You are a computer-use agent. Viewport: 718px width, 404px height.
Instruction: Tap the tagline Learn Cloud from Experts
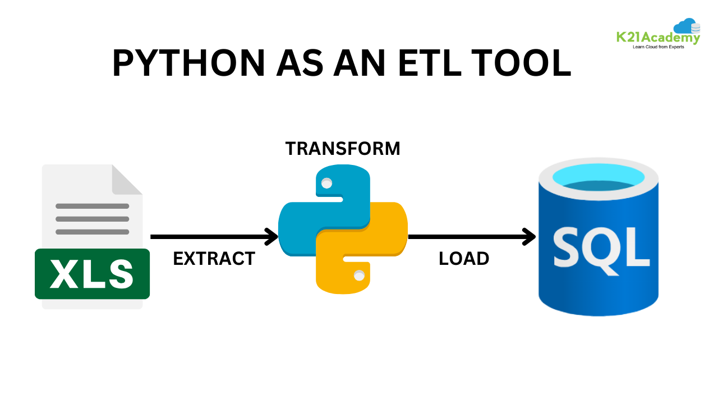coord(658,47)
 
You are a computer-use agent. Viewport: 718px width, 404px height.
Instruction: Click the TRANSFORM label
coord(343,149)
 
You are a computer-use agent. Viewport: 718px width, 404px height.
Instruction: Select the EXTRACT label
coord(214,259)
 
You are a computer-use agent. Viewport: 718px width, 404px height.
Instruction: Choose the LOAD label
coord(464,259)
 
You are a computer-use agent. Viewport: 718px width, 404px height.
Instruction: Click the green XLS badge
coord(92,274)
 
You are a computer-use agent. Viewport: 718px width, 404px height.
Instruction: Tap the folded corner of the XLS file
coord(126,180)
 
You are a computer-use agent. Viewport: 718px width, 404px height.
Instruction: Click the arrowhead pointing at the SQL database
coord(529,237)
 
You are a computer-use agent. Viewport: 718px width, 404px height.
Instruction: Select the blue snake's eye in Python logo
coord(326,183)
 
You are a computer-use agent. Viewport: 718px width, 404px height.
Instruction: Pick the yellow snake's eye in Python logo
coord(360,275)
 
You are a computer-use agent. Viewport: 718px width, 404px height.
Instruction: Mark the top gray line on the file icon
coord(93,206)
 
